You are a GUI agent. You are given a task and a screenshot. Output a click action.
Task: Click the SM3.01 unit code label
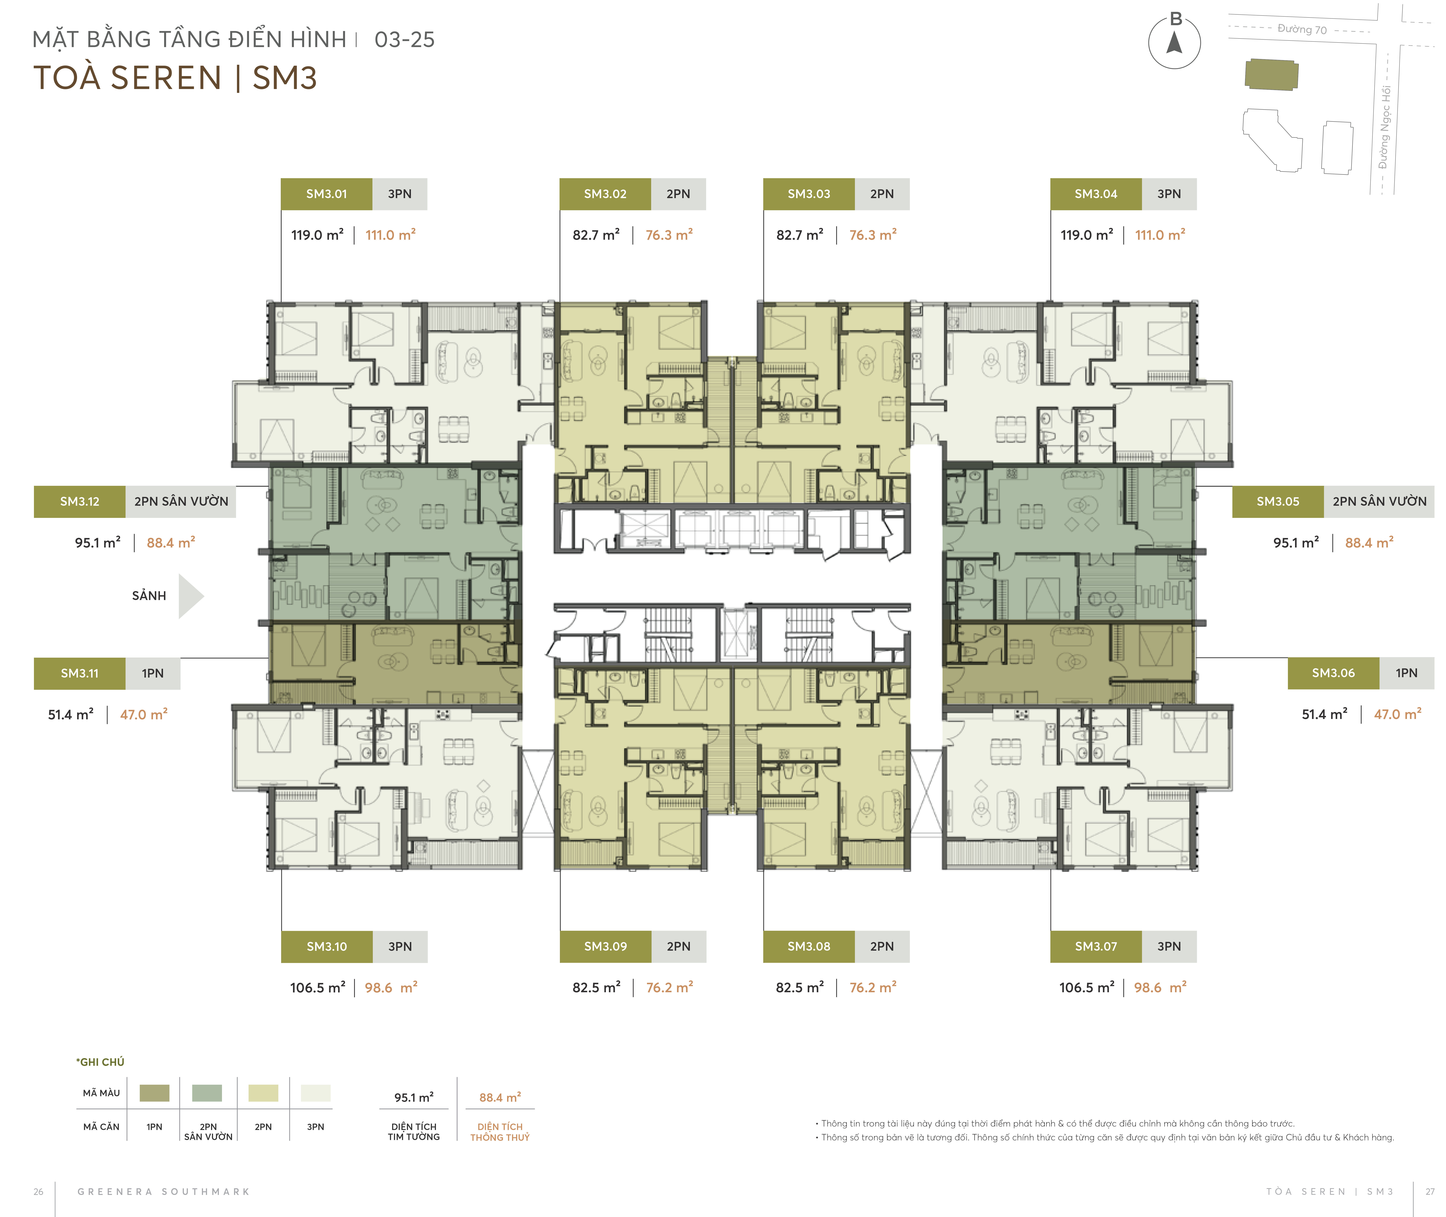pos(326,194)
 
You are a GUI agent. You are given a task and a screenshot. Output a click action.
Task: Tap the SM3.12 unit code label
pos(79,502)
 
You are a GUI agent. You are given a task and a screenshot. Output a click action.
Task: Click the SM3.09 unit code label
pos(605,947)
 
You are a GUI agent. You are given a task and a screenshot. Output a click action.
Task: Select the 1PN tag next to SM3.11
pos(153,673)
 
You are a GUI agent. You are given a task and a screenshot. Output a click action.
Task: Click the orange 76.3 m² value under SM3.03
pos(872,235)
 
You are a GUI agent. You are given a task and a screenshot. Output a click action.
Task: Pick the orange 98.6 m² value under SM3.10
pos(391,988)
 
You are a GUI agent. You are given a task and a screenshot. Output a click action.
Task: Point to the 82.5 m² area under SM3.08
pos(799,988)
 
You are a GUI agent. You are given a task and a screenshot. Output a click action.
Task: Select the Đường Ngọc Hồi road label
pos(1384,128)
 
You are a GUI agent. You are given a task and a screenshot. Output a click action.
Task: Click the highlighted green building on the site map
pos(1271,74)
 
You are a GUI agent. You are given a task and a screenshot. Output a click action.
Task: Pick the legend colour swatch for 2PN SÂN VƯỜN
pos(207,1093)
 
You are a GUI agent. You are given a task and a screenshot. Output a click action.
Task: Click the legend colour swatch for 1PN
pos(155,1093)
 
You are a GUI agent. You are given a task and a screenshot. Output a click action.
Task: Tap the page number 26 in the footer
pos(39,1191)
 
